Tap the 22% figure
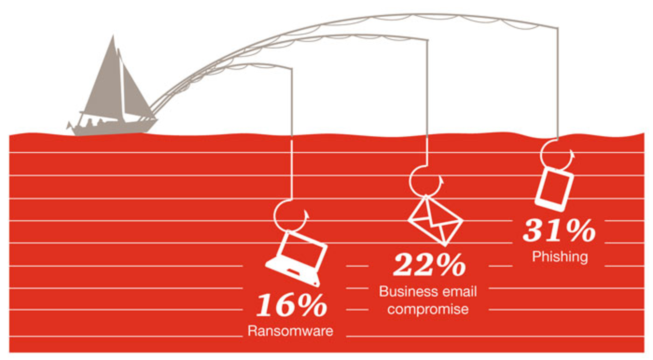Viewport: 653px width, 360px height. (x=429, y=265)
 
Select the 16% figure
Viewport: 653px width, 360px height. (x=291, y=305)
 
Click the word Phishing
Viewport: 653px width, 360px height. (x=560, y=257)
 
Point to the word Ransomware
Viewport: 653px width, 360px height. (x=290, y=331)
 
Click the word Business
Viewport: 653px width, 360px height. (x=403, y=292)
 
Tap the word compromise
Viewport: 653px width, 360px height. (x=428, y=309)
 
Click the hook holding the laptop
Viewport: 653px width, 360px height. (x=289, y=216)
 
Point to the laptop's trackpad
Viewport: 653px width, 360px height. (x=292, y=272)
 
